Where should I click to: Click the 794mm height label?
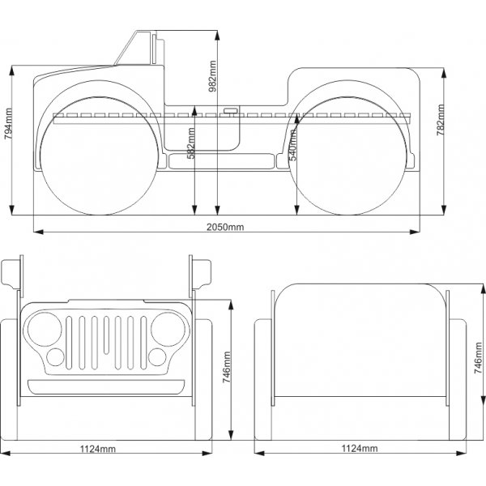click(x=8, y=127)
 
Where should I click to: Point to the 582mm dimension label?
click(x=190, y=144)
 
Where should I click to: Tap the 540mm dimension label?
click(x=293, y=144)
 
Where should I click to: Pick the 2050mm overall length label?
click(x=225, y=227)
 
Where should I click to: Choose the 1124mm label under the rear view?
click(x=359, y=448)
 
